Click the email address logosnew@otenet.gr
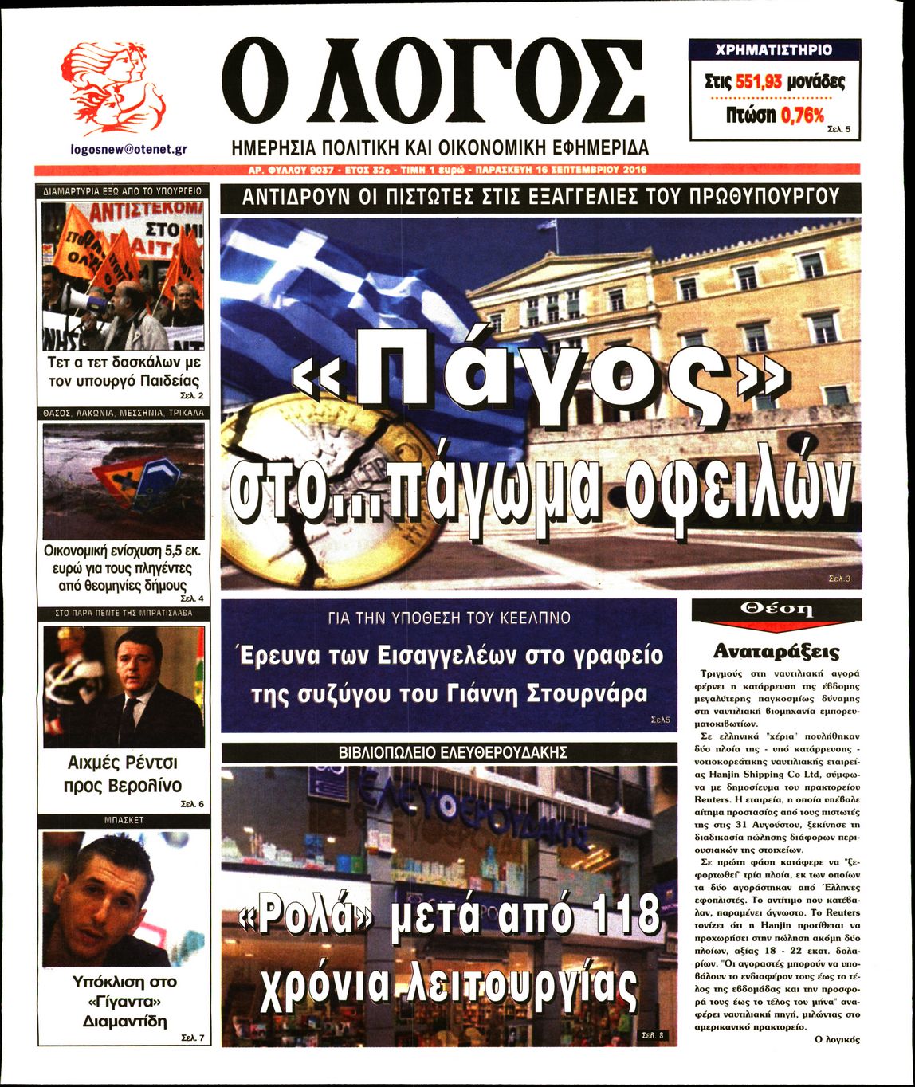[x=128, y=148]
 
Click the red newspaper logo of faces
[x=114, y=87]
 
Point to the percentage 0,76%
[x=802, y=115]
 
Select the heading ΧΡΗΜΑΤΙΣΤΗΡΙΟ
[x=774, y=49]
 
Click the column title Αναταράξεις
[x=776, y=651]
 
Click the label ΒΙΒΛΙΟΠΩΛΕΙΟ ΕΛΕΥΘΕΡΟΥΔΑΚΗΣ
[x=452, y=751]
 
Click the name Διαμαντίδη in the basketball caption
[x=124, y=1022]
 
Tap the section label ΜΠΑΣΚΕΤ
[x=123, y=819]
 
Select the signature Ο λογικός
[x=837, y=1039]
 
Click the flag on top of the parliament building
[x=547, y=226]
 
